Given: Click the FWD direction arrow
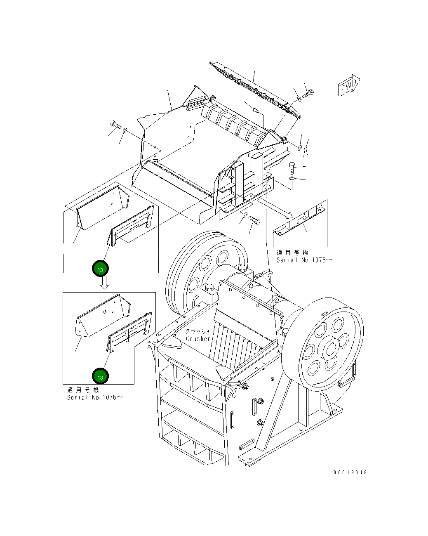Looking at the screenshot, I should click(349, 85).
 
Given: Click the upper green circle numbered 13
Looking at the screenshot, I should click(100, 269).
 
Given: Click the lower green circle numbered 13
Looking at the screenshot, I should click(100, 376).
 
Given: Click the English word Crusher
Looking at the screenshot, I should click(198, 339).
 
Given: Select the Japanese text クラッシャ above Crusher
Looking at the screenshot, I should click(198, 331).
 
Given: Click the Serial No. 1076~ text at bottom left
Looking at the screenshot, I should click(95, 397).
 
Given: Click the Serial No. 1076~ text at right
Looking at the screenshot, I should click(304, 260).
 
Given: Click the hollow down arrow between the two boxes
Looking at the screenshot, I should click(104, 283).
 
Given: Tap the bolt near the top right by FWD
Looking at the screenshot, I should click(308, 94).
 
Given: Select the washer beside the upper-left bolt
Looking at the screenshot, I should click(125, 131).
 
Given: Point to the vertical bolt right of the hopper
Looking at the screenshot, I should click(292, 168).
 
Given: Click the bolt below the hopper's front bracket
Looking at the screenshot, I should click(254, 220).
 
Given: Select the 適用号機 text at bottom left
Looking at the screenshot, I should click(83, 390).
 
